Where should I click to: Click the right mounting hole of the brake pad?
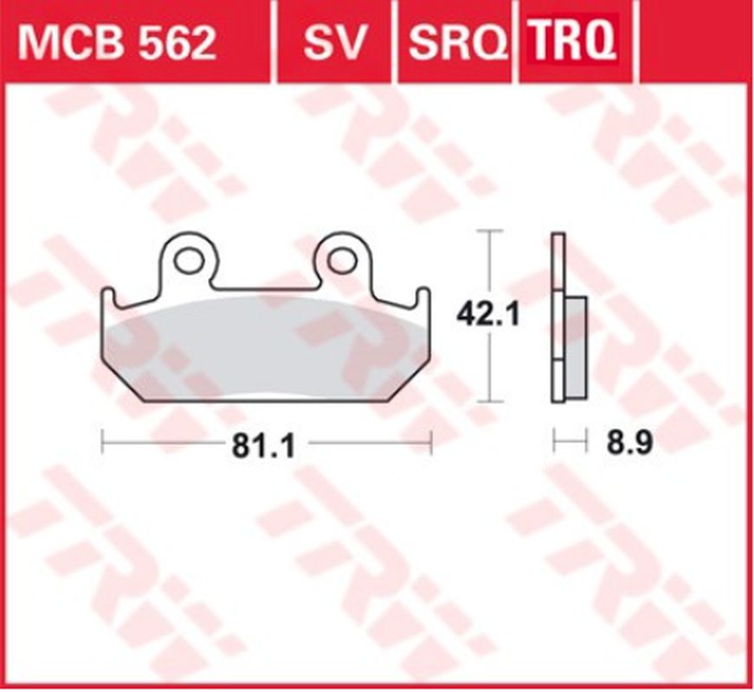click(342, 258)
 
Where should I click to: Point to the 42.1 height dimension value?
click(489, 314)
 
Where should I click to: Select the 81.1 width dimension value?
click(264, 445)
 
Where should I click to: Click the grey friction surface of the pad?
click(260, 350)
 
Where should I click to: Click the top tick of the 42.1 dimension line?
click(491, 232)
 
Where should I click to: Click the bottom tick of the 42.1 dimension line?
click(491, 401)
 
